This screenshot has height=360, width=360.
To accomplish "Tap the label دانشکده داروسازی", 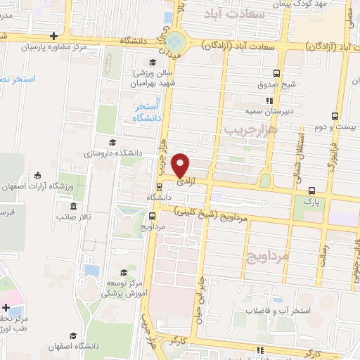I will click(x=113, y=153).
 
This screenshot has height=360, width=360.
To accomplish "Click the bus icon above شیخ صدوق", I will click(x=278, y=74).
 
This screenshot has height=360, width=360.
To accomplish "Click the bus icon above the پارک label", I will click(x=311, y=190).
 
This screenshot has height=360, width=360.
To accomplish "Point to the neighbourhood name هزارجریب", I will click(x=252, y=129).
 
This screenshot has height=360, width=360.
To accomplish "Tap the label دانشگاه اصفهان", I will click(x=71, y=347).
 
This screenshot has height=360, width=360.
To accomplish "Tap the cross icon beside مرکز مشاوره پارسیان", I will click(x=54, y=37).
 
